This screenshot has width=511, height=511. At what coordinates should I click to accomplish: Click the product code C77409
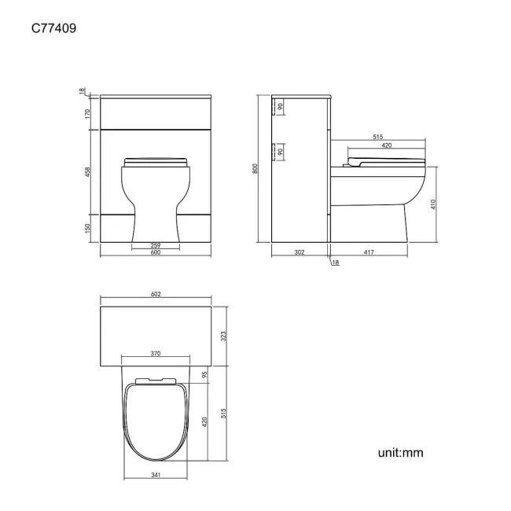pos(53,28)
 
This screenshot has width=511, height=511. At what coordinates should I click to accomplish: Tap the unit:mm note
pos(400,453)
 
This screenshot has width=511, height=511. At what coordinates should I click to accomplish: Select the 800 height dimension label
pos(256,168)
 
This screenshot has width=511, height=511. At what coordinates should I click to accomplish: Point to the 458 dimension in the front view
pos(87,172)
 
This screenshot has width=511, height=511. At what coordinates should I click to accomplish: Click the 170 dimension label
pos(87,114)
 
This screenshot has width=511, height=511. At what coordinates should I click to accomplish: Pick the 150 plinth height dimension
pos(87,228)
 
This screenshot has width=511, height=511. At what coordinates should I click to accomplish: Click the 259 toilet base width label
pos(156,245)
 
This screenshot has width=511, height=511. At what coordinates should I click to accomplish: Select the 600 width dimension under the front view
pos(156,252)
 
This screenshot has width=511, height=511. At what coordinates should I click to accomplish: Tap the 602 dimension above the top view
pos(156,294)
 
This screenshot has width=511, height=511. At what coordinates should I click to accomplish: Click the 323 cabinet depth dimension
pos(223,336)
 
